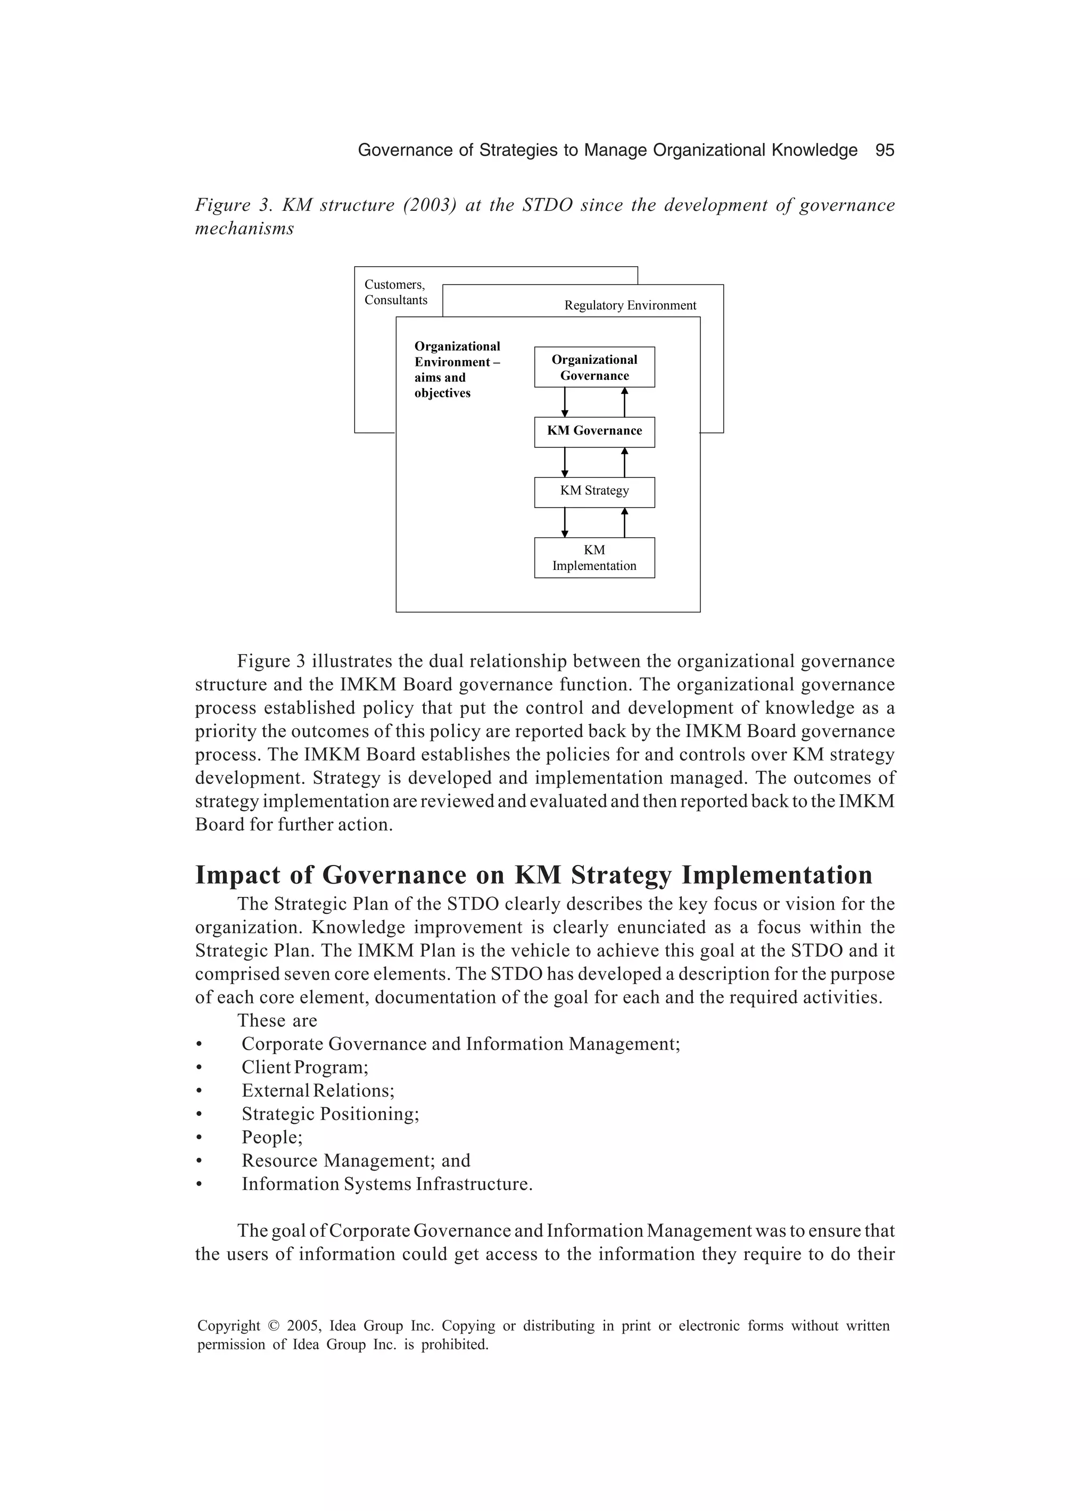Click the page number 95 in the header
click(884, 151)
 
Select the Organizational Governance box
click(594, 367)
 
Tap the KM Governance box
click(594, 431)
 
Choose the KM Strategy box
click(594, 491)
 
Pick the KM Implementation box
click(594, 558)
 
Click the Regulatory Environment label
click(630, 306)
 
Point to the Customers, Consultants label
click(395, 292)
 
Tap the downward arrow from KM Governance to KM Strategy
click(565, 462)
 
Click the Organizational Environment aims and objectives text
click(456, 370)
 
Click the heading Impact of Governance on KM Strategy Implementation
click(533, 875)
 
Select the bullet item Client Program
click(304, 1067)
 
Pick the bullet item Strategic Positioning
click(331, 1114)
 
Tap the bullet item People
click(271, 1137)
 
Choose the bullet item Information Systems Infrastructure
click(387, 1184)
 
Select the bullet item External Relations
click(318, 1091)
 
